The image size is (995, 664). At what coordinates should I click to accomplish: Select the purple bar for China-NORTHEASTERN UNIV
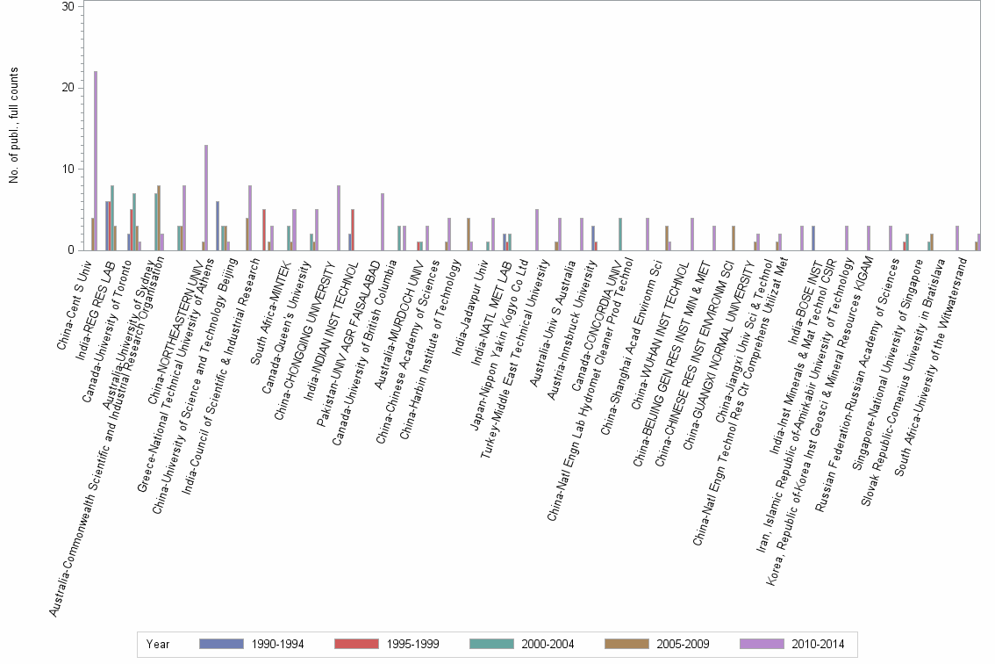point(206,198)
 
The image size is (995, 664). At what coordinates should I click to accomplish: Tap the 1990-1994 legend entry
point(251,644)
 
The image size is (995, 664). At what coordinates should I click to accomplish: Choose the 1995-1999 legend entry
point(387,644)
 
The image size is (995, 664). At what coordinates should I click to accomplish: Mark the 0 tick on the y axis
point(73,250)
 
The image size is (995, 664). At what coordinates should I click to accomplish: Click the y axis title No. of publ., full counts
point(15,128)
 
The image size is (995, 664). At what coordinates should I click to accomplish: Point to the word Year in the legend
point(159,644)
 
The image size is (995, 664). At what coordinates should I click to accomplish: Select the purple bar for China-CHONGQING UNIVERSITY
point(339,218)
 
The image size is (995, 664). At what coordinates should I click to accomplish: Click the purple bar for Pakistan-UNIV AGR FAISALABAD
point(383,222)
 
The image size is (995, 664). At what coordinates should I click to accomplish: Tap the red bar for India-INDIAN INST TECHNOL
point(353,230)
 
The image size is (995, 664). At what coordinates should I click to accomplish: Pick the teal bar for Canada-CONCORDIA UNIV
point(620,235)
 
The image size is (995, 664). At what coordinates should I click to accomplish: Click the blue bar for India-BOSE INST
point(813,238)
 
